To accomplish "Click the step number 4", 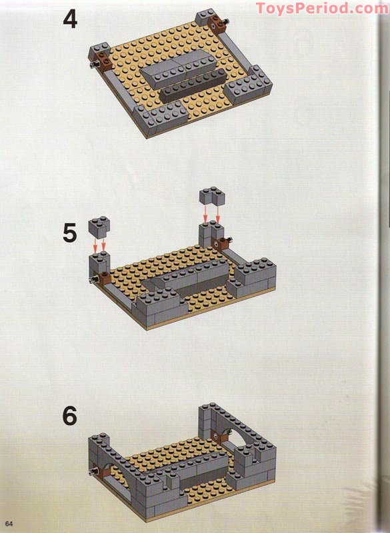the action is tap(70, 19).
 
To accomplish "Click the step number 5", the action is tap(70, 233).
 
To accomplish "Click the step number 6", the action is tap(70, 416).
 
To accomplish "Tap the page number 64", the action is tap(9, 524).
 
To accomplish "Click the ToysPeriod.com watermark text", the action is tap(322, 8).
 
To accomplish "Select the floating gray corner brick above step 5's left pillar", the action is tap(99, 226).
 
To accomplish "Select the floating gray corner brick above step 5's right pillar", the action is tap(212, 196).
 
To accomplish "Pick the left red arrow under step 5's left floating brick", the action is tap(95, 245).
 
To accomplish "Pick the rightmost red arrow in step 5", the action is tap(218, 214).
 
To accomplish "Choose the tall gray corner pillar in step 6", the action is tap(206, 422).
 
